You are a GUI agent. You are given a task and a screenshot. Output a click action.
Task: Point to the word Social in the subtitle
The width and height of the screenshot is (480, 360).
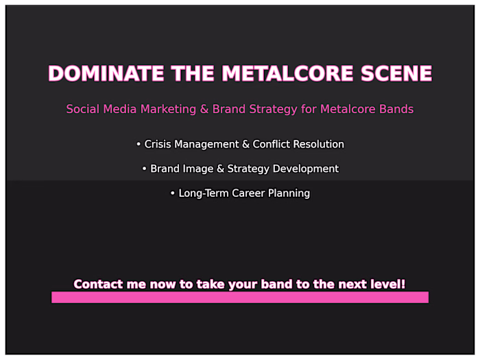pos(82,109)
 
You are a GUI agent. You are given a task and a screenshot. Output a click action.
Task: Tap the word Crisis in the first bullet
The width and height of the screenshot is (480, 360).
pos(159,145)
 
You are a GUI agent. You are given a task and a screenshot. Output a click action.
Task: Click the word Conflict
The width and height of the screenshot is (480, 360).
pos(272,145)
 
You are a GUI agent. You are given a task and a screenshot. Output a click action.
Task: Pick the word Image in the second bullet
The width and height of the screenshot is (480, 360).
pos(195,169)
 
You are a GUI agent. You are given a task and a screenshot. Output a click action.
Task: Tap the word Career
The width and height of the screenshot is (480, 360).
pos(250,193)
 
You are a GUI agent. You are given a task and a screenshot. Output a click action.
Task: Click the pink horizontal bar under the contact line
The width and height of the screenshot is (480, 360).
pos(240,297)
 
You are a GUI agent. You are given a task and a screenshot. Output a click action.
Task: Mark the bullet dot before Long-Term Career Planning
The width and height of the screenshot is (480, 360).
pos(173,193)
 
